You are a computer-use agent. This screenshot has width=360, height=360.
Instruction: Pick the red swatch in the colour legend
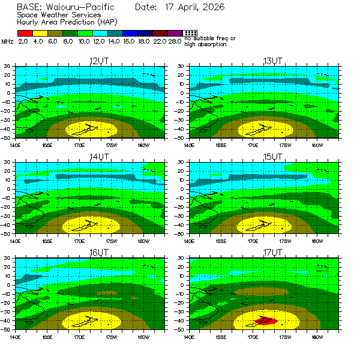(x=24, y=33)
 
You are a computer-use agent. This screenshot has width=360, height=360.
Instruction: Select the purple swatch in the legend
(x=175, y=33)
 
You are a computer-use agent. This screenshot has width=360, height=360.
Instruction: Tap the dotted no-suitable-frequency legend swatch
(x=190, y=33)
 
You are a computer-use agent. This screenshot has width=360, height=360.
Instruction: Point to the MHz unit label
(x=7, y=41)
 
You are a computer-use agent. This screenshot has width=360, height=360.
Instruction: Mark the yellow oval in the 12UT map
(x=91, y=128)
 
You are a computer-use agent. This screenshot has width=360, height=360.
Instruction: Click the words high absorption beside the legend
(x=205, y=44)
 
